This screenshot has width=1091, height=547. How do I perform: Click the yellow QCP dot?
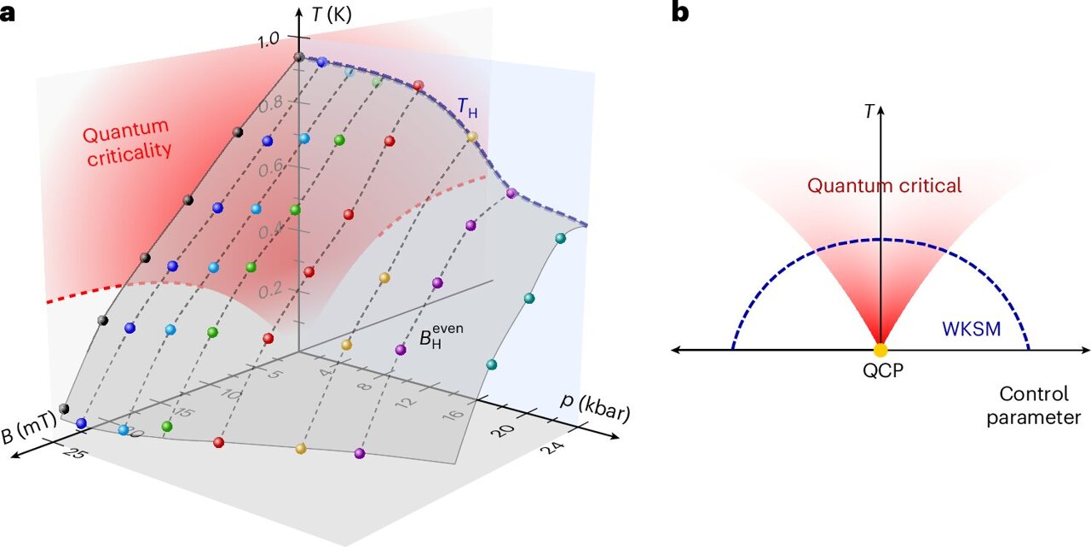(880, 350)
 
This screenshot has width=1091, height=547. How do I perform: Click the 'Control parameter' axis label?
(1039, 406)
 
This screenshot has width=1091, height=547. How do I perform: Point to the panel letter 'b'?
(679, 13)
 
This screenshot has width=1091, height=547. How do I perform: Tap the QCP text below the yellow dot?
(880, 372)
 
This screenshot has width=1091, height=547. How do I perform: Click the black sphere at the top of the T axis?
(299, 57)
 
